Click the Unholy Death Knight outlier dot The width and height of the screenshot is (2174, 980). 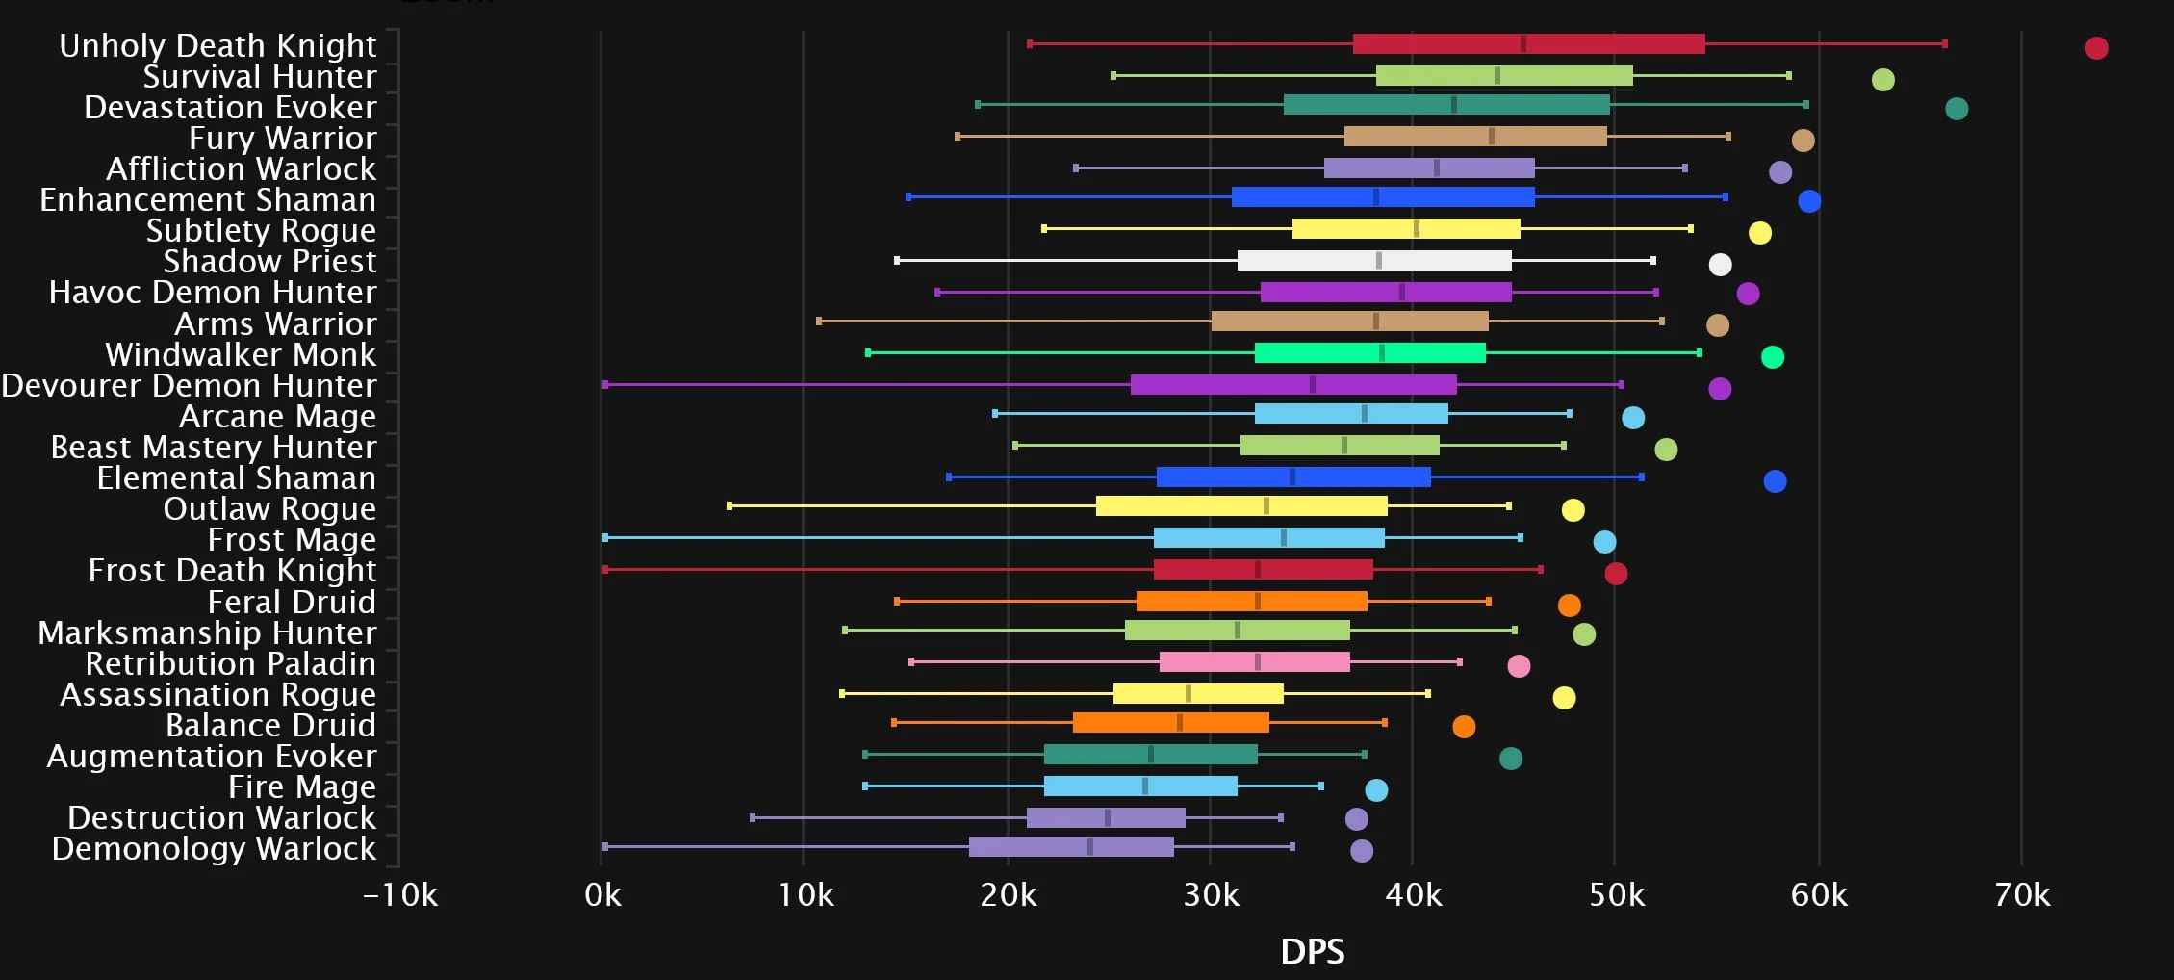coord(2096,48)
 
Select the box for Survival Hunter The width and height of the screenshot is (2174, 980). coord(1503,76)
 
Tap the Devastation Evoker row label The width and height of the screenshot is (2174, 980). coord(230,108)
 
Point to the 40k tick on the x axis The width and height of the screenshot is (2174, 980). coord(1413,896)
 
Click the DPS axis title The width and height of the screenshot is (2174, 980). coord(1312,952)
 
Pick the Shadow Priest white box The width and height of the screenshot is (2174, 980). coord(1373,260)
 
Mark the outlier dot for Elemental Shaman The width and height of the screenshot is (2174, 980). coord(1775,481)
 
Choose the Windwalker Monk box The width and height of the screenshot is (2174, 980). coord(1369,353)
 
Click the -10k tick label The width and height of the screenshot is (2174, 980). coord(399,896)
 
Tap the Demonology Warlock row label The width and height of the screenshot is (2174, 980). coord(214,849)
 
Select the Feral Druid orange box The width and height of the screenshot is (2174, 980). coord(1251,602)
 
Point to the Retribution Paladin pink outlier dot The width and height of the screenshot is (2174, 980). coord(1519,666)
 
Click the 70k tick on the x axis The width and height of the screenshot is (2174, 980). coord(2022,896)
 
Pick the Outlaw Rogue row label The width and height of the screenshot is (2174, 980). coord(269,509)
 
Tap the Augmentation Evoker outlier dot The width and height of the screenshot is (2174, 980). coord(1511,759)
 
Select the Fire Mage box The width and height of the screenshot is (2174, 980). coord(1140,787)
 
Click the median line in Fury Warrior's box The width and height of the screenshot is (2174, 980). coord(1491,137)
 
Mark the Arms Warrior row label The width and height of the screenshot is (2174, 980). coord(275,324)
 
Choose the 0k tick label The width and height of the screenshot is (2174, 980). coord(602,896)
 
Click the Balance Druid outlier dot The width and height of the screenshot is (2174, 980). coord(1464,727)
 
